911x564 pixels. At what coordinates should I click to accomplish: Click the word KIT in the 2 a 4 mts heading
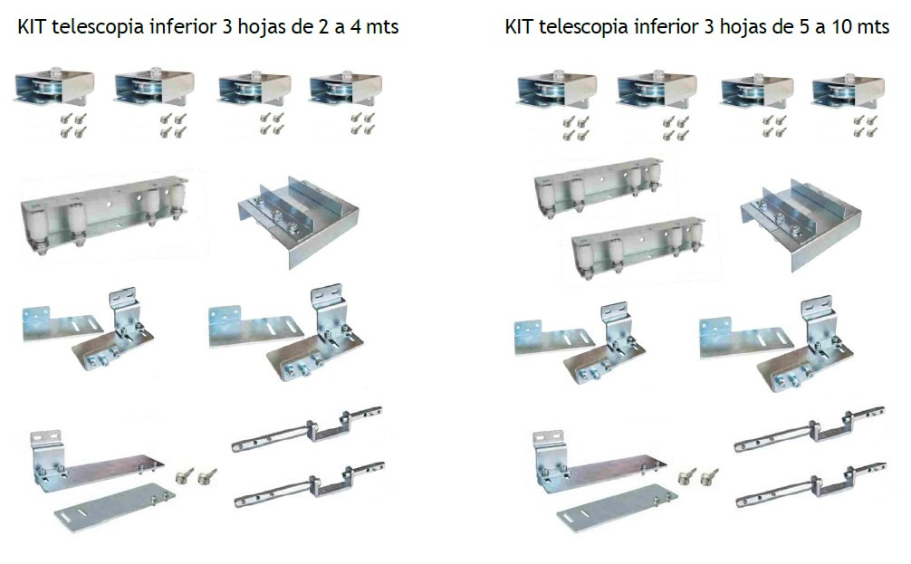[32, 27]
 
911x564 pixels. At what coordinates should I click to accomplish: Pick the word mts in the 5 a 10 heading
[873, 27]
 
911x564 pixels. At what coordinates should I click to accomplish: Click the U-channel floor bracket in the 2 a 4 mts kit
[298, 221]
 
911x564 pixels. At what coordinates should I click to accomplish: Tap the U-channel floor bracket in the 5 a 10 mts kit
[801, 224]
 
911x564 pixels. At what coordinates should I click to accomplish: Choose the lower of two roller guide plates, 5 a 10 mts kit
[638, 249]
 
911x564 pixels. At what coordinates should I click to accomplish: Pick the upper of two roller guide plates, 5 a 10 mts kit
[599, 186]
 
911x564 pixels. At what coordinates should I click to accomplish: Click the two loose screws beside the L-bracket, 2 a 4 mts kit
[196, 475]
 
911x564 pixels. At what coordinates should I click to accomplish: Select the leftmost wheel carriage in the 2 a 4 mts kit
[53, 88]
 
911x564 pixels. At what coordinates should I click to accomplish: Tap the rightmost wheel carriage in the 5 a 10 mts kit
[849, 91]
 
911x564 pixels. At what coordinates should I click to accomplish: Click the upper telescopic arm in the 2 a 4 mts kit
[307, 429]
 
